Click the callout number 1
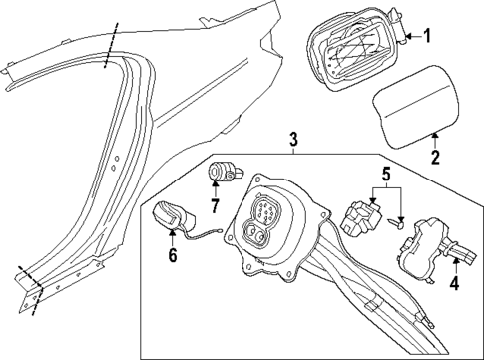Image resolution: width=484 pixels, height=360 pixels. [x=427, y=37]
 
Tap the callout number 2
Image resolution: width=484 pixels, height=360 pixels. [x=435, y=156]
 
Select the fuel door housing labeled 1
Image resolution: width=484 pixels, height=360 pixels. [x=349, y=48]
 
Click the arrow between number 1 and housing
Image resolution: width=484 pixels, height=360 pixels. [x=411, y=37]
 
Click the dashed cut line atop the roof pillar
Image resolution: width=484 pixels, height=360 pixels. [x=109, y=46]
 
